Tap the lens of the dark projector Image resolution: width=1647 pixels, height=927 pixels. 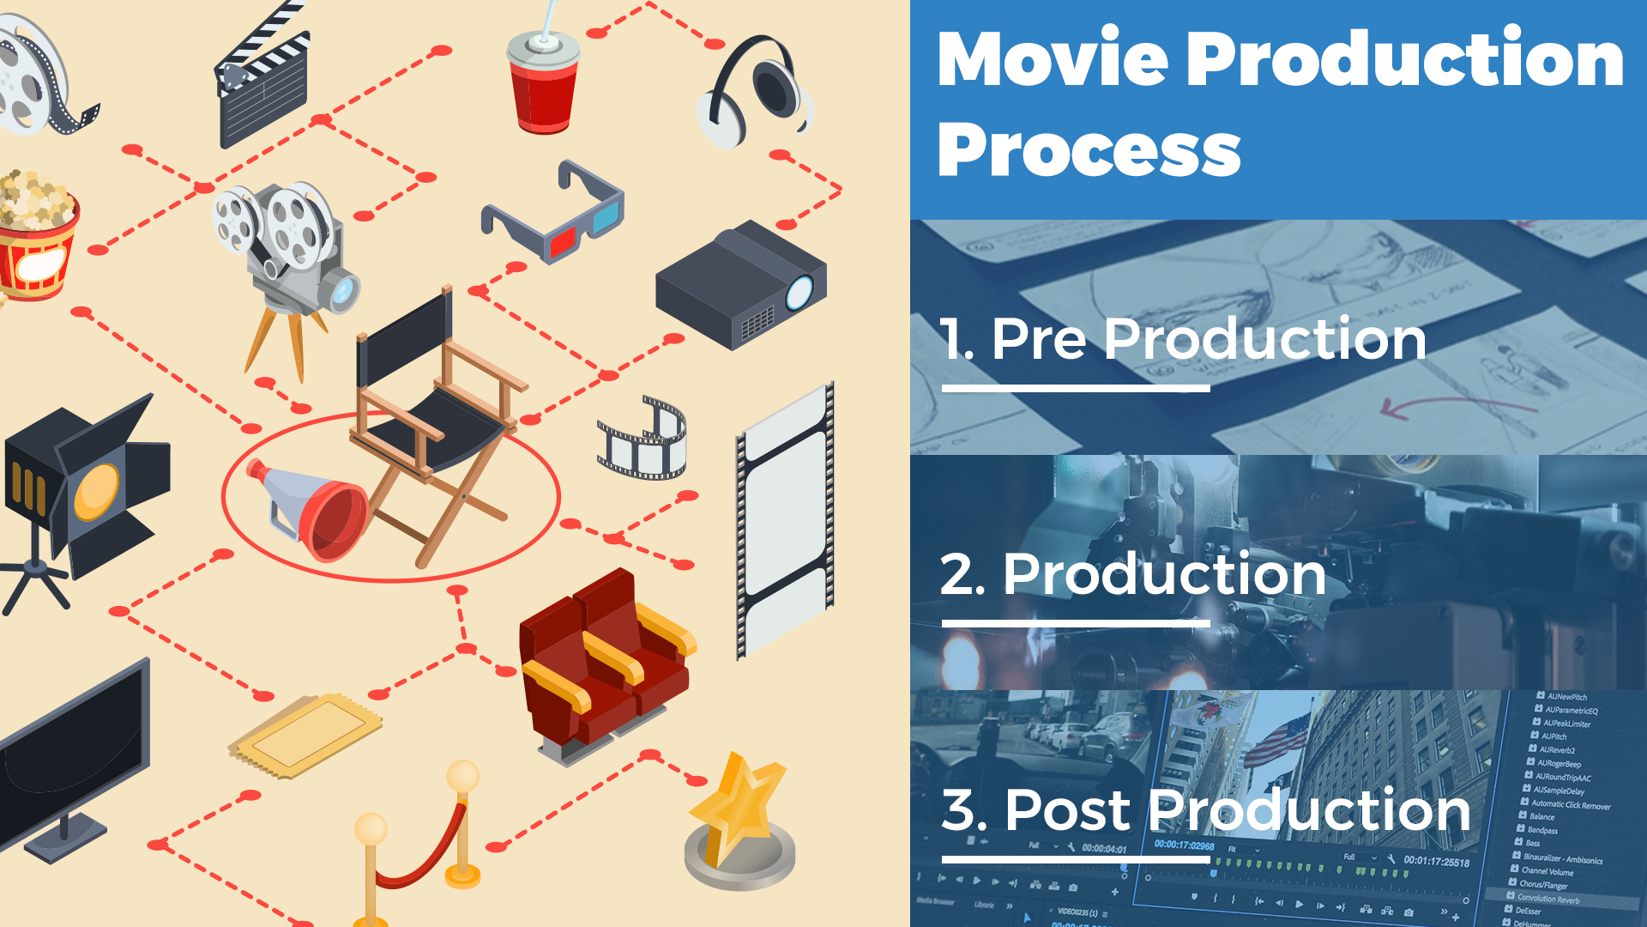coord(799,293)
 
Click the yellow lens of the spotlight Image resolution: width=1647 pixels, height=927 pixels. coord(96,492)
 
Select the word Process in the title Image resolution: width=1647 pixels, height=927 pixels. coord(1089,150)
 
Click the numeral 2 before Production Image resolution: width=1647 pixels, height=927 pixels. coord(962,574)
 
